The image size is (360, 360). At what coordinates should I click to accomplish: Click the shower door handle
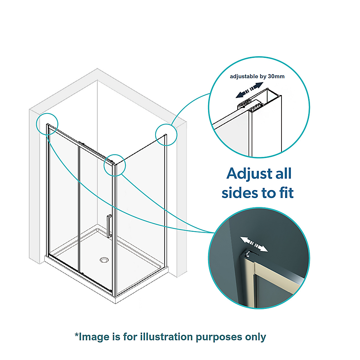click(109, 226)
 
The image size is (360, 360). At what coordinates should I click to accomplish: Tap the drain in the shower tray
click(104, 259)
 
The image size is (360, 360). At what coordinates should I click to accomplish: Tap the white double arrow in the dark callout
click(254, 244)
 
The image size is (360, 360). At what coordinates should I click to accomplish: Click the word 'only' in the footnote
click(255, 337)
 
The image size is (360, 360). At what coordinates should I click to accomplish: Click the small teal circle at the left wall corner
click(47, 123)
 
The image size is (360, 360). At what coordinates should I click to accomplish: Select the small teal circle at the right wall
click(166, 135)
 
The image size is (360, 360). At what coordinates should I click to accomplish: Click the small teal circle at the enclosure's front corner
click(114, 165)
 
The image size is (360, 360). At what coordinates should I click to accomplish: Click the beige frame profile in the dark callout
click(254, 284)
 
